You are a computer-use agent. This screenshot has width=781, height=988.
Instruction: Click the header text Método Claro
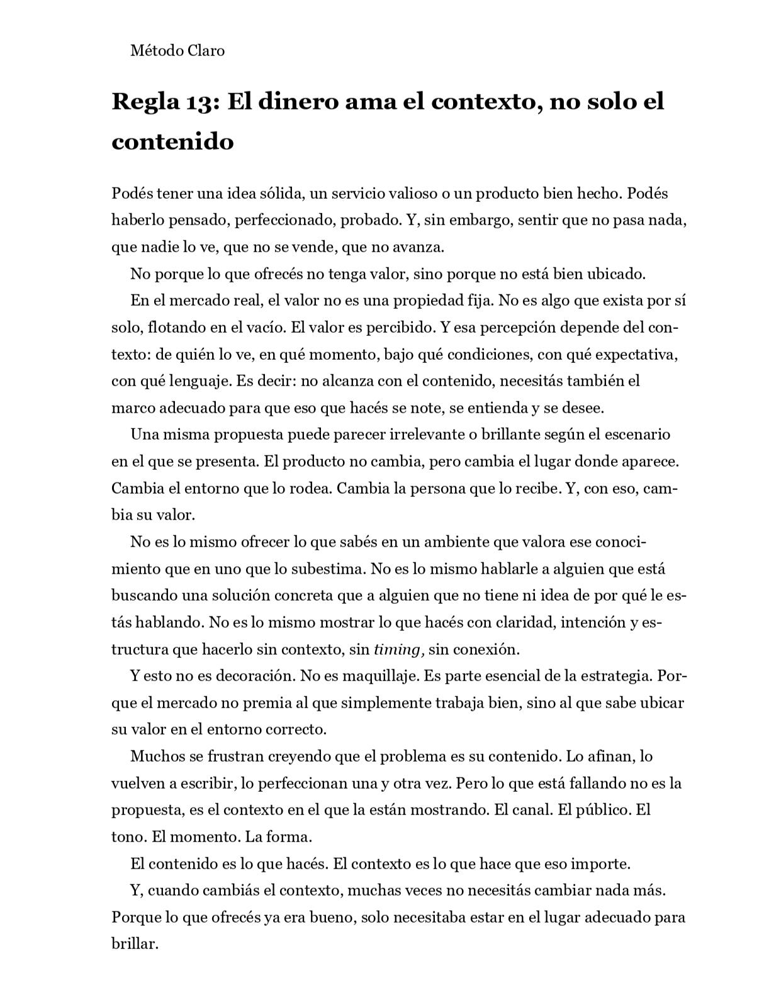click(177, 50)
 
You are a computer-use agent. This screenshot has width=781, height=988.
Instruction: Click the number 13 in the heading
click(201, 102)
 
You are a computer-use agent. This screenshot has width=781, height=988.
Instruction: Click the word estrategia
click(617, 676)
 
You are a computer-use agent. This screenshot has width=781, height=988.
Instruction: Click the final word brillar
click(135, 944)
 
